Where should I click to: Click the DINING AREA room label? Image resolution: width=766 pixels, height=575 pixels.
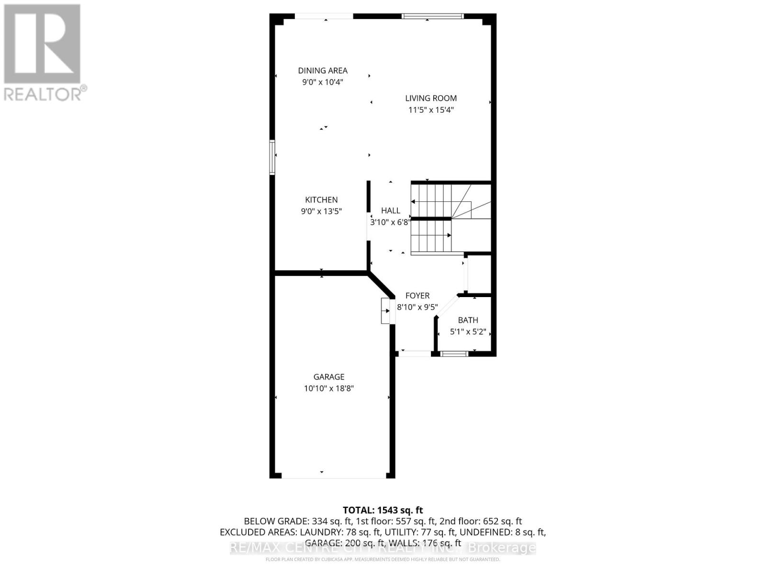[x=323, y=70]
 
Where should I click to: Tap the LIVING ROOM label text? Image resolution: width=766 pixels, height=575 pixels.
[x=431, y=98]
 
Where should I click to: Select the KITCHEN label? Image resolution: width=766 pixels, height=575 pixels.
[x=321, y=200]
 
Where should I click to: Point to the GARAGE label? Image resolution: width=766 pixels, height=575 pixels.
[x=329, y=377]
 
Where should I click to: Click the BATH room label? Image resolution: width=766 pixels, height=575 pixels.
[x=468, y=320]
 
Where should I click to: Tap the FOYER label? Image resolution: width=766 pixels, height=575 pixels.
[x=417, y=296]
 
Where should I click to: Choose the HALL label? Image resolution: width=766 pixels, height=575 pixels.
[x=391, y=210]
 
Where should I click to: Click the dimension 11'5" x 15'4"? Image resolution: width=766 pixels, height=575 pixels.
[x=431, y=110]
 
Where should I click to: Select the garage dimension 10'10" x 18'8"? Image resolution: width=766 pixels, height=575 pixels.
[x=329, y=389]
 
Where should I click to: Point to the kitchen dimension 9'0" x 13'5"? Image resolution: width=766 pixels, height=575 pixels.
[x=321, y=211]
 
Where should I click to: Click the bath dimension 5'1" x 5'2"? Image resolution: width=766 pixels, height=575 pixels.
[x=468, y=332]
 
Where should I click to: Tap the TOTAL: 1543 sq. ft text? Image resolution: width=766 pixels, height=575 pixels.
[x=383, y=510]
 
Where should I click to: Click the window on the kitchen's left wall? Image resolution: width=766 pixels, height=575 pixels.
[x=272, y=157]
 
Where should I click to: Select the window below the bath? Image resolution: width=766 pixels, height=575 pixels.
[x=454, y=354]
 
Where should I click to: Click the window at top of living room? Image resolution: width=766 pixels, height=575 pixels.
[x=432, y=16]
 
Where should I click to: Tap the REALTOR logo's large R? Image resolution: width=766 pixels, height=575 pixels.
[x=42, y=44]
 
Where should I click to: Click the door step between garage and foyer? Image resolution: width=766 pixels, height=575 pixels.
[x=386, y=311]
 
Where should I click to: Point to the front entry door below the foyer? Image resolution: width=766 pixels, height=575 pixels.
[x=415, y=354]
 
